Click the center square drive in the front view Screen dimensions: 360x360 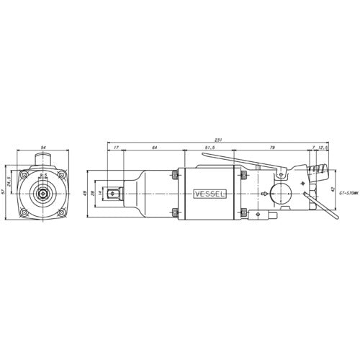(x=44, y=194)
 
